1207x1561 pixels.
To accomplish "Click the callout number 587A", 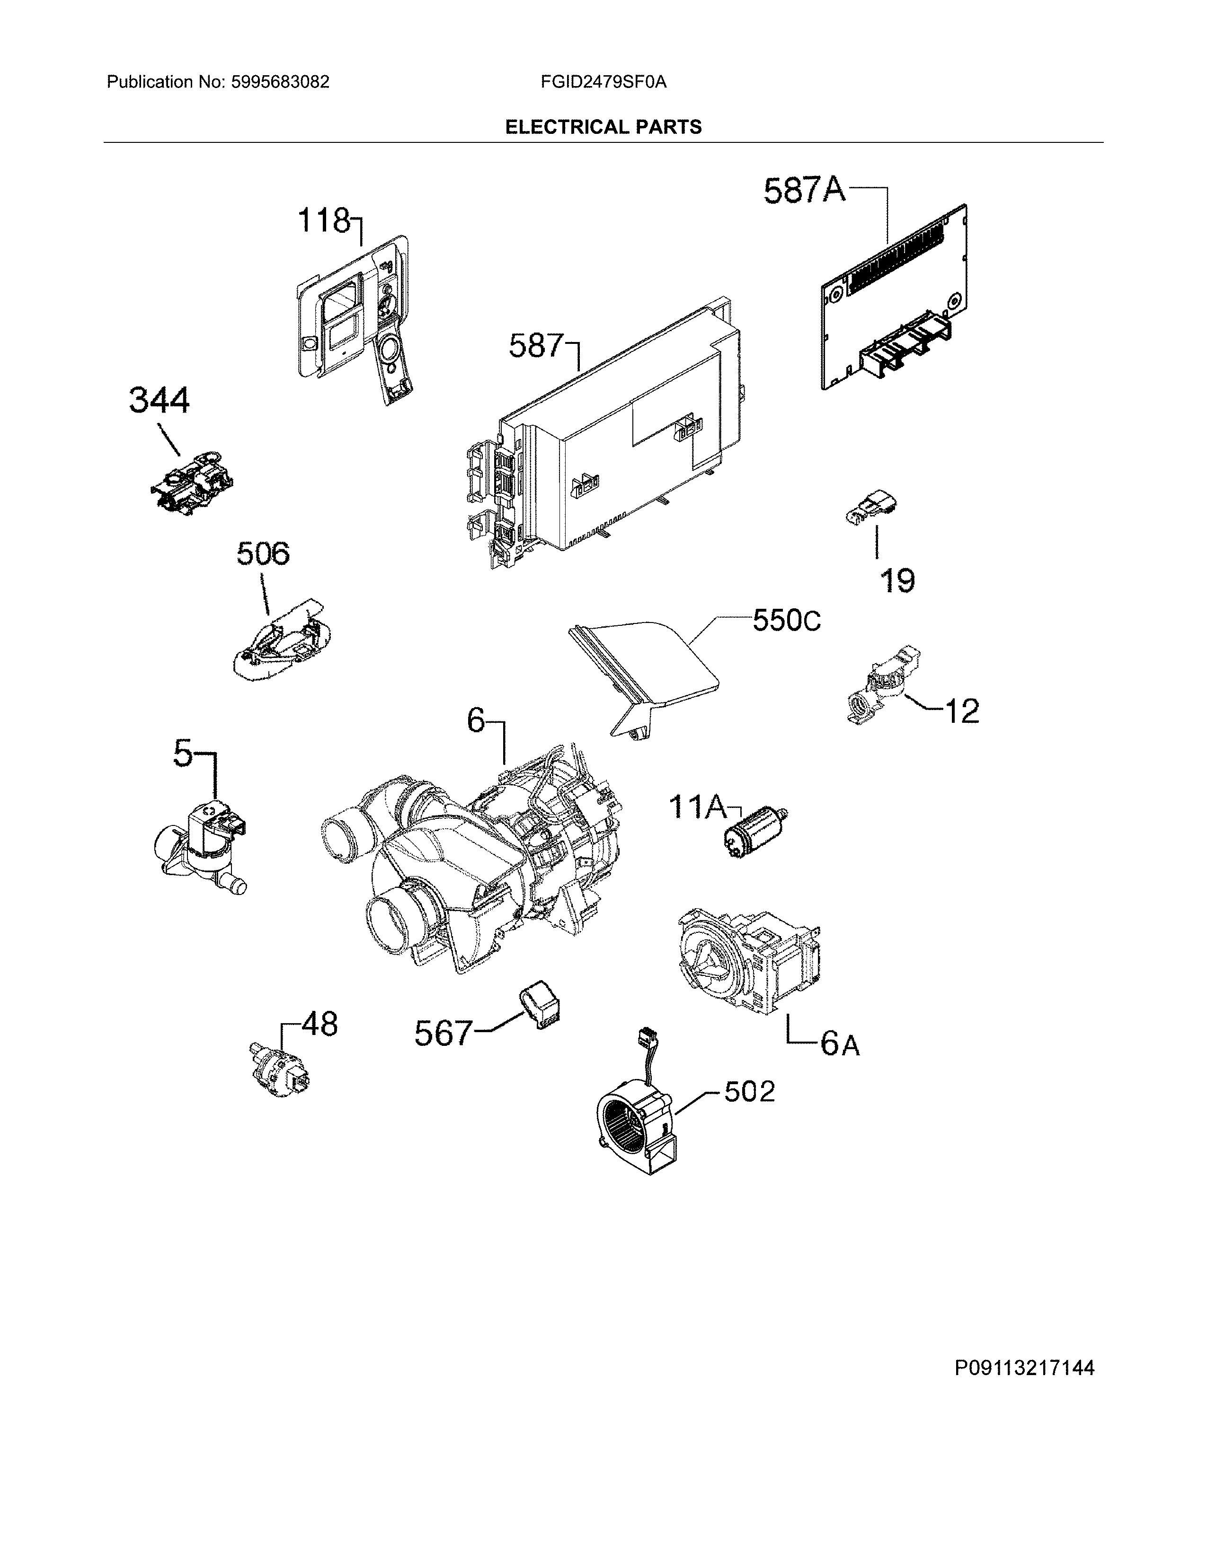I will [x=804, y=191].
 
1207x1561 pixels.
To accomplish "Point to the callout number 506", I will [x=263, y=554].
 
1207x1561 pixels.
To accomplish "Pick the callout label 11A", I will [x=696, y=807].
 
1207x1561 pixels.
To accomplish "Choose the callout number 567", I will [x=444, y=1033].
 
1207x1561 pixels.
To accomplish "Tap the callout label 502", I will [x=749, y=1091].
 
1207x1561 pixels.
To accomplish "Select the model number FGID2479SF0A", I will [x=603, y=82].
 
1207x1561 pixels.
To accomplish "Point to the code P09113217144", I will [x=1024, y=1368].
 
